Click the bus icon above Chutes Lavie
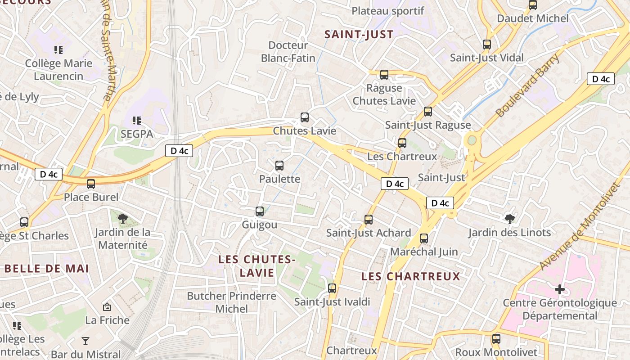pos(305,117)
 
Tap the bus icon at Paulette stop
pos(279,166)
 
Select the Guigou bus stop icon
pos(260,211)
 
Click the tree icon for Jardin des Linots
pos(510,219)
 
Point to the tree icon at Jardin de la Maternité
pos(122,219)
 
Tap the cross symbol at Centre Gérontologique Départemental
pos(559,289)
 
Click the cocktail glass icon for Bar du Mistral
pos(85,341)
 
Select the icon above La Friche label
pos(107,307)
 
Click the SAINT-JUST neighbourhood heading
pos(359,34)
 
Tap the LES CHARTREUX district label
pos(411,276)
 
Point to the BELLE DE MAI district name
pos(47,269)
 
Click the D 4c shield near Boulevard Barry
pos(601,79)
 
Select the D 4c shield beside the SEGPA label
pos(179,151)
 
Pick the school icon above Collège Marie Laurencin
pos(58,49)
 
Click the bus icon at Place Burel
pos(91,184)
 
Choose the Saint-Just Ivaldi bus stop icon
pos(332,288)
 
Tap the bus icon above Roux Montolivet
pos(496,338)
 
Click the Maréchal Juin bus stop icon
pos(424,238)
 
